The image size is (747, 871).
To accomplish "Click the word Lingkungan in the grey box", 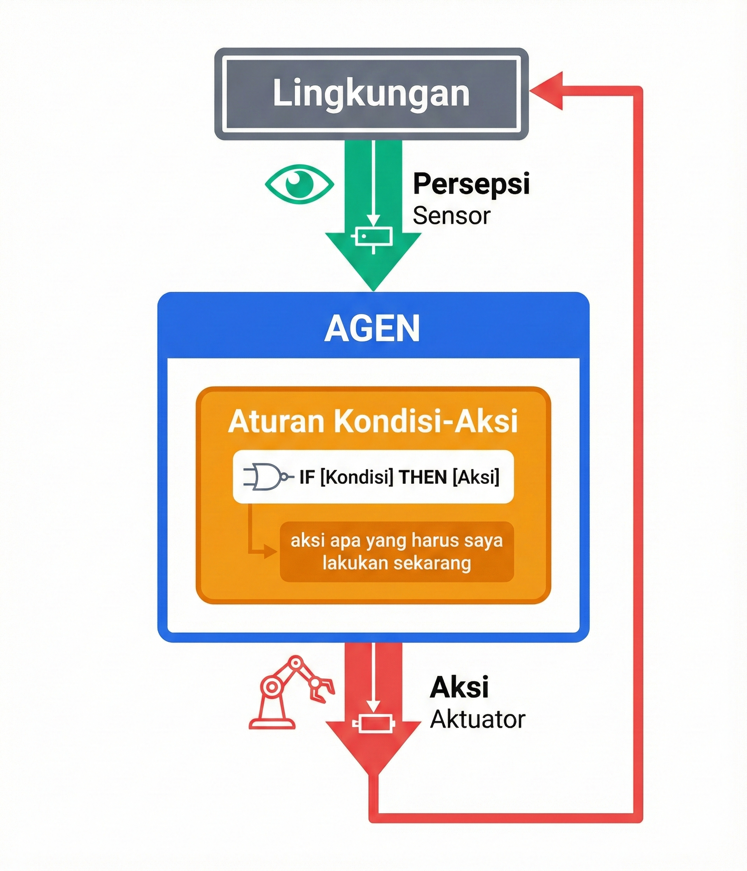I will click(x=371, y=93).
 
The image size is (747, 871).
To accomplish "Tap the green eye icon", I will click(x=300, y=184).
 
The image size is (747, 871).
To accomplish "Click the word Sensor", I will click(x=451, y=216).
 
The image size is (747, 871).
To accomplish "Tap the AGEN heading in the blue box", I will click(x=373, y=328).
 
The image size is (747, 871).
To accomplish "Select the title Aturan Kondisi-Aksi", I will click(x=373, y=421).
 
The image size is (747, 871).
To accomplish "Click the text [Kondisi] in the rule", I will click(x=357, y=477).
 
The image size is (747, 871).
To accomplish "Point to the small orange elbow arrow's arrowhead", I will click(x=270, y=551).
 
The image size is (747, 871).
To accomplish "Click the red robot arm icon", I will click(x=290, y=692).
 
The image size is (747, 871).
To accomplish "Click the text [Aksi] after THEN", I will click(x=476, y=477).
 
